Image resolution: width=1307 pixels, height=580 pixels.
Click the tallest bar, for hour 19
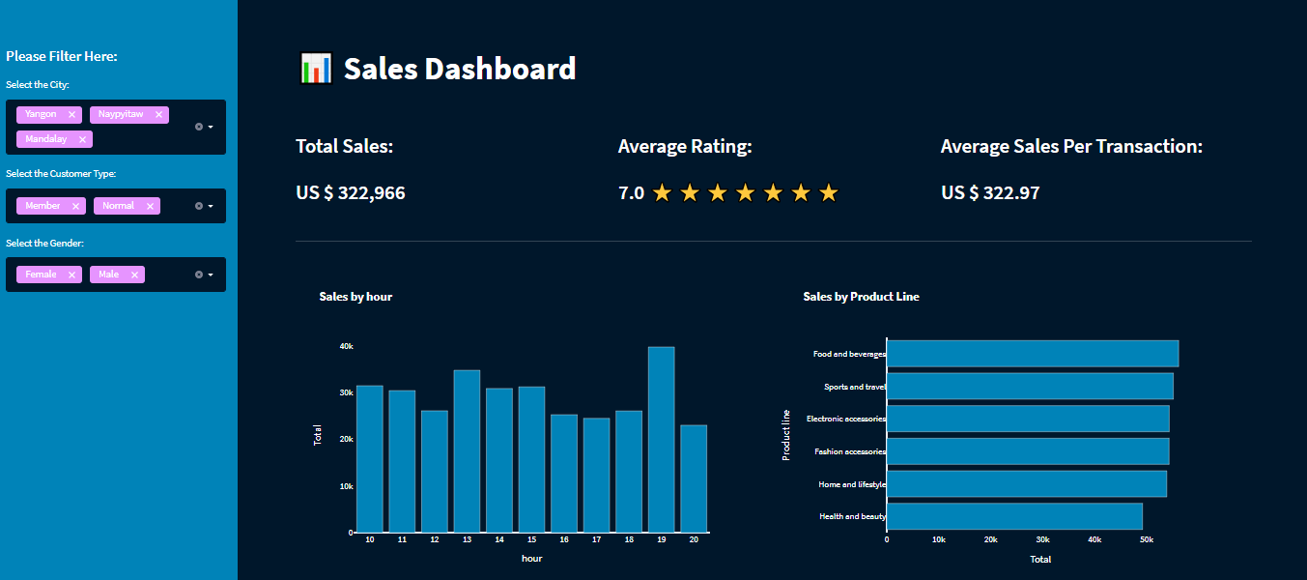click(x=661, y=439)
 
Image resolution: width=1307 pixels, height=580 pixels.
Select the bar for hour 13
click(x=467, y=450)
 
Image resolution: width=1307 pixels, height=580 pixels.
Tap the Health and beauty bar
click(x=1014, y=516)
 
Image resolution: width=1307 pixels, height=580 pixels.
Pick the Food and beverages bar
click(x=1032, y=354)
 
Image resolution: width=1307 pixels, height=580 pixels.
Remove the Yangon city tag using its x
click(x=71, y=115)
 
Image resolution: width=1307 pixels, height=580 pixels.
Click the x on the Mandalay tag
click(x=82, y=139)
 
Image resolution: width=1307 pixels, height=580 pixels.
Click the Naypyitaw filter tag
click(x=121, y=114)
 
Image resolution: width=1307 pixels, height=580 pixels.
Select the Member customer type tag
click(x=43, y=206)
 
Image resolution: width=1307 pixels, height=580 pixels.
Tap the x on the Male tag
click(x=134, y=275)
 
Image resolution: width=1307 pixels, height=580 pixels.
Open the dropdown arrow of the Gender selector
click(x=211, y=275)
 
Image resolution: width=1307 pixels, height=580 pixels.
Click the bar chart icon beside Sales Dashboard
click(x=316, y=69)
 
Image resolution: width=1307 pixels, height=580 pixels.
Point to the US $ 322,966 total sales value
click(x=351, y=192)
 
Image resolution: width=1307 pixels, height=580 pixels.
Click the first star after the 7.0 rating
click(x=662, y=193)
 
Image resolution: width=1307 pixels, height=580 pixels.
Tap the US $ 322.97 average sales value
click(x=990, y=192)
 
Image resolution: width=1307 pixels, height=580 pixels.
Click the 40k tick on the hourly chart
click(x=346, y=346)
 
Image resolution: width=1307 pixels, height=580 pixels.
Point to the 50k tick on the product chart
click(x=1146, y=539)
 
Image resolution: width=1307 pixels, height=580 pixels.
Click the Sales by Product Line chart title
click(x=861, y=297)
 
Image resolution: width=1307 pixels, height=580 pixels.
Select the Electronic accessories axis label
click(x=845, y=419)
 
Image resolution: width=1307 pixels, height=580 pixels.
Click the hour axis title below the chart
click(x=531, y=559)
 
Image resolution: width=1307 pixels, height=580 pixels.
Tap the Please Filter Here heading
click(x=62, y=56)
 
